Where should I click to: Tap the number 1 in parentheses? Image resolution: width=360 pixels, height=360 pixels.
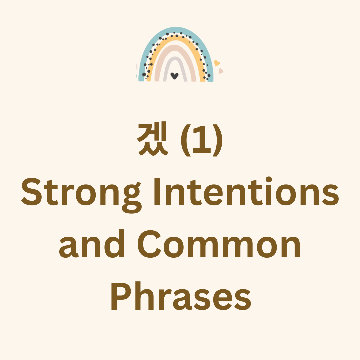click(202, 139)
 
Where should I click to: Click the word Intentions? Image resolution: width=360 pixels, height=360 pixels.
click(247, 191)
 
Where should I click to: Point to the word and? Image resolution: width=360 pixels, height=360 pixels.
click(92, 243)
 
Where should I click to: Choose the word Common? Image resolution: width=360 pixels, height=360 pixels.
click(219, 244)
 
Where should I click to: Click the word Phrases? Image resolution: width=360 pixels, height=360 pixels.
click(181, 296)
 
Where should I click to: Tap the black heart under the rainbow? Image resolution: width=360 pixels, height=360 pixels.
click(174, 76)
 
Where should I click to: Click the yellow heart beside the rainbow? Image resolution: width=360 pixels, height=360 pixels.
click(217, 63)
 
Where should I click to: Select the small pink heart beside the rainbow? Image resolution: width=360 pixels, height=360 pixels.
click(221, 71)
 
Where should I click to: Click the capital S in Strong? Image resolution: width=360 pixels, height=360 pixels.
click(31, 191)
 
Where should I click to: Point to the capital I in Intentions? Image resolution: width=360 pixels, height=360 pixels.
click(157, 191)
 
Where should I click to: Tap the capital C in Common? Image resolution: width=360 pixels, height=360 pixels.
click(149, 244)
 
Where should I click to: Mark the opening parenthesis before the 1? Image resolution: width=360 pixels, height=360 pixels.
click(186, 140)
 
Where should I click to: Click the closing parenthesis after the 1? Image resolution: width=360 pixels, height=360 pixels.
click(217, 140)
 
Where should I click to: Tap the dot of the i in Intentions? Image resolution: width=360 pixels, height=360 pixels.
click(269, 180)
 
